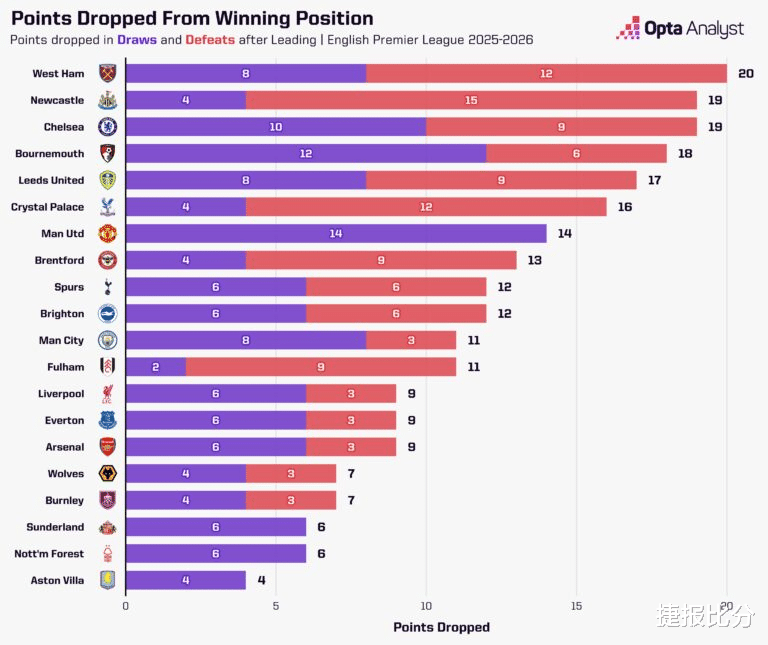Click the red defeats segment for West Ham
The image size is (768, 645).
[x=546, y=73]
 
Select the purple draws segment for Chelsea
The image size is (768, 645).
[x=276, y=127]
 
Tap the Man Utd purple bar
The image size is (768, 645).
[x=336, y=233]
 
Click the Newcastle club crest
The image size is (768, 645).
[x=107, y=100]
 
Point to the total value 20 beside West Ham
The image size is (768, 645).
[x=746, y=73]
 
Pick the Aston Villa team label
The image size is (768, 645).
[x=59, y=580]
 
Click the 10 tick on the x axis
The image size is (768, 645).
[x=426, y=605]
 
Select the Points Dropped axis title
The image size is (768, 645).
[x=441, y=627]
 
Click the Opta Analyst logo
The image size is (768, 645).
[x=680, y=29]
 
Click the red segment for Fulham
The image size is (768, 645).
[x=321, y=367]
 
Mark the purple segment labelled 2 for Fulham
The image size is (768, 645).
[x=156, y=367]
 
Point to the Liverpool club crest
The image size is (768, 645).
[x=107, y=393]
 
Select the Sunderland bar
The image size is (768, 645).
[x=216, y=527]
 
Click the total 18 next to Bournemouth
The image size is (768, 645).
[x=686, y=153]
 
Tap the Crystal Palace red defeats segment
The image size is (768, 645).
[x=426, y=207]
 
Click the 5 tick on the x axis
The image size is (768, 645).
[x=276, y=605]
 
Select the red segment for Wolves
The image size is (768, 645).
[x=291, y=473]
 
